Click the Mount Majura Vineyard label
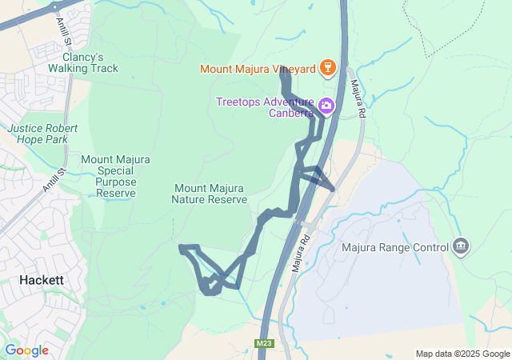pyautogui.click(x=258, y=69)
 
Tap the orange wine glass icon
pyautogui.click(x=326, y=68)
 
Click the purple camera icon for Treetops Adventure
pyautogui.click(x=326, y=106)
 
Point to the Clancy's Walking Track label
pyautogui.click(x=89, y=62)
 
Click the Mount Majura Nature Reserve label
pyautogui.click(x=210, y=194)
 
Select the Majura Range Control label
pyautogui.click(x=395, y=248)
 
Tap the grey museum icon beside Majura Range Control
pyautogui.click(x=460, y=246)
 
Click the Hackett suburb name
pyautogui.click(x=42, y=281)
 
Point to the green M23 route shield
pyautogui.click(x=264, y=344)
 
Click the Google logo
pyautogui.click(x=26, y=350)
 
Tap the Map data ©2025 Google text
pyautogui.click(x=462, y=354)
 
